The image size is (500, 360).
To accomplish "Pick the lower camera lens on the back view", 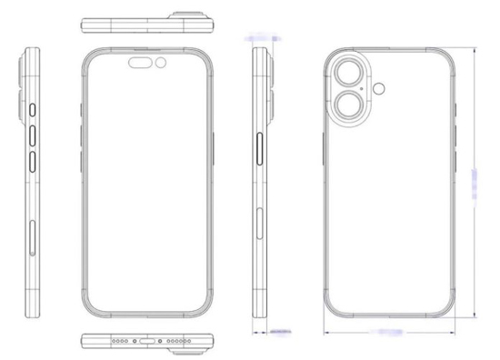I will [x=347, y=105].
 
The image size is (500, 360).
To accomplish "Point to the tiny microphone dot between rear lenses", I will [x=366, y=89].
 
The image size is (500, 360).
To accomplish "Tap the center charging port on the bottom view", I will [x=145, y=342].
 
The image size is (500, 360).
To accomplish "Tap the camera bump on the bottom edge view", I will [x=196, y=342].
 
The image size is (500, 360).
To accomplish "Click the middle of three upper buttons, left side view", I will [x=33, y=135].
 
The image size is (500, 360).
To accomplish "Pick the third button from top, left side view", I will [x=33, y=164].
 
